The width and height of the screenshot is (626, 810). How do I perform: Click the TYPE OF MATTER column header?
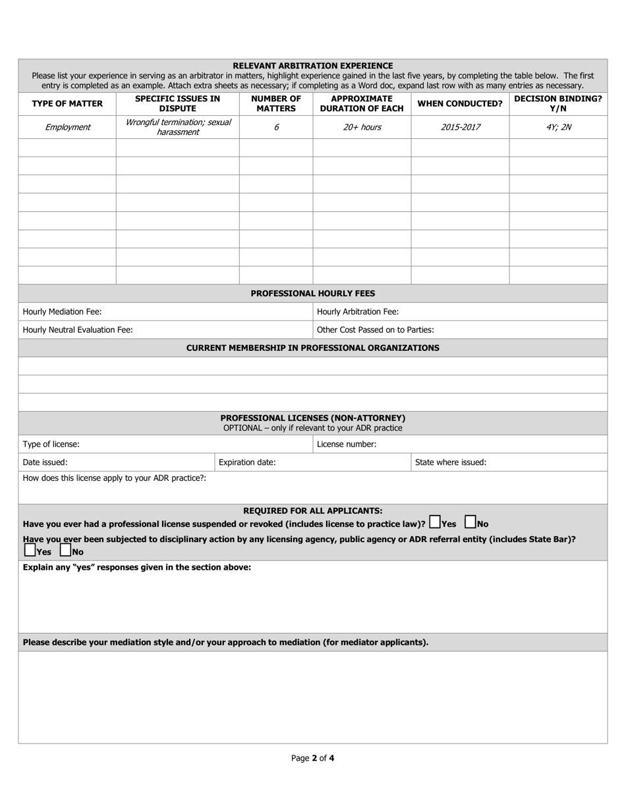(67, 103)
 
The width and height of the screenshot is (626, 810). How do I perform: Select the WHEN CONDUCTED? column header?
(460, 103)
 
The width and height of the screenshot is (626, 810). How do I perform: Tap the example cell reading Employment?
(67, 127)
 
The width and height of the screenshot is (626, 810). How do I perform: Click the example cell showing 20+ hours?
(362, 127)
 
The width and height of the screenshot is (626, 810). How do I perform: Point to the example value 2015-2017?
(460, 127)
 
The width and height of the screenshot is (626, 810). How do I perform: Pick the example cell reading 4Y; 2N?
(557, 127)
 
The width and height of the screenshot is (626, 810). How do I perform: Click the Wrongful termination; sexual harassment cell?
(178, 127)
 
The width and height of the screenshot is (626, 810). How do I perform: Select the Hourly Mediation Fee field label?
(63, 311)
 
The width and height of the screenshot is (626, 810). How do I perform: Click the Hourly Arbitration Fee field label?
(358, 311)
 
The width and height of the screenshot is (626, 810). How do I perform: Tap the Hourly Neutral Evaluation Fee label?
(78, 330)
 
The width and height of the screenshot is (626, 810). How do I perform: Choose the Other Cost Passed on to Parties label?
(376, 330)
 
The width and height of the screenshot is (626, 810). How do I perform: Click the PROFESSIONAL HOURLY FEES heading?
(313, 293)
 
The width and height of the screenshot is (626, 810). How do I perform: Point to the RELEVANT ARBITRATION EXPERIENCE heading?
(313, 65)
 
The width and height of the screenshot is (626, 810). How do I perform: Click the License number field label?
(347, 444)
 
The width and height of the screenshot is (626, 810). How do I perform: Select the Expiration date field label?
(247, 462)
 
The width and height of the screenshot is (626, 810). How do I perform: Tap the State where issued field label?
(451, 462)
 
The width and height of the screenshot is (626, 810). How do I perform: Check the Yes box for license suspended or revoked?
(435, 522)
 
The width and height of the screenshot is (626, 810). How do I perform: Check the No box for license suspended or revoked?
(470, 522)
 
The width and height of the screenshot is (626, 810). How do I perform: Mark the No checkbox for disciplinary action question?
(65, 550)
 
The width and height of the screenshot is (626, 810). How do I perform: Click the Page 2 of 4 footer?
(313, 758)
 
